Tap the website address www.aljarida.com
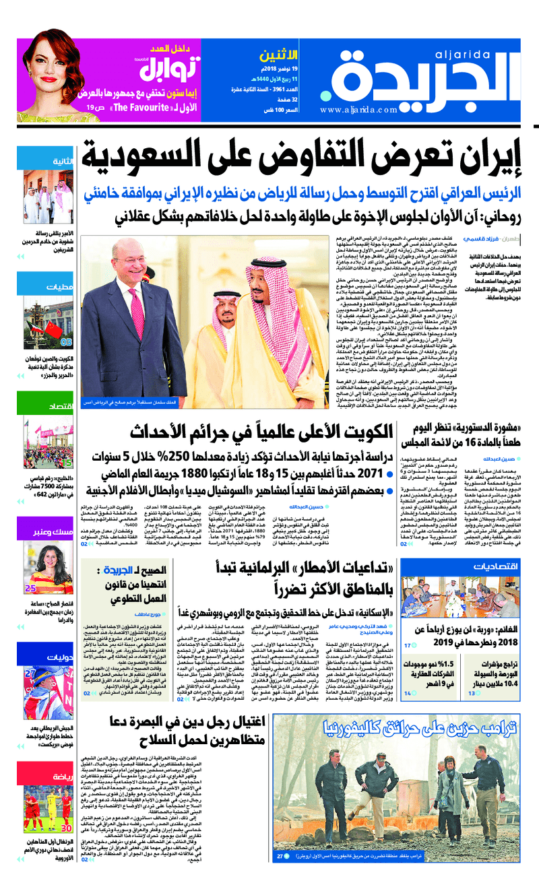360,109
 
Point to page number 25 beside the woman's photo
30,587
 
